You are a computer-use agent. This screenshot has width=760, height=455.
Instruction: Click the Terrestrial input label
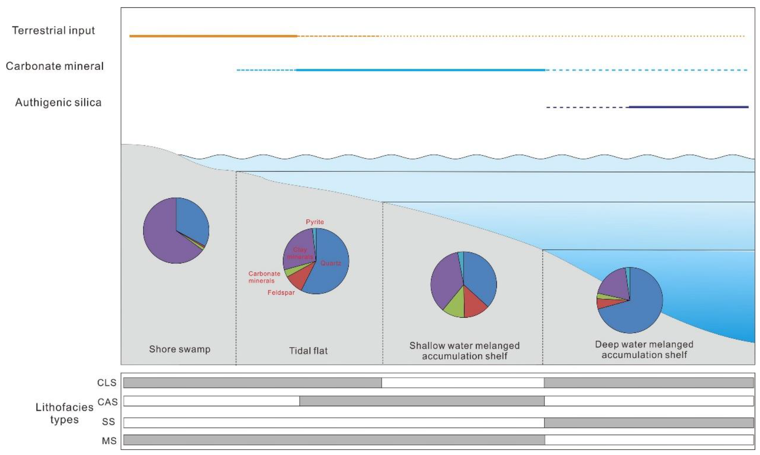(x=53, y=30)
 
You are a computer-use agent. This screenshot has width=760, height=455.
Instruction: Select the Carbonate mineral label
(x=55, y=66)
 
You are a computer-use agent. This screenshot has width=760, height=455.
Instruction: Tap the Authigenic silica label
(x=58, y=102)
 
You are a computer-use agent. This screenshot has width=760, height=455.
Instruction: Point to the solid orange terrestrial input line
(x=213, y=36)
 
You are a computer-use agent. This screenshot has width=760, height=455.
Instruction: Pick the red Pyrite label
(x=315, y=222)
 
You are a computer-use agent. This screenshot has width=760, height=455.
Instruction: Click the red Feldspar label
(x=281, y=292)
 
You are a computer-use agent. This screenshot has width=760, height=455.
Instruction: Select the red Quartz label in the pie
(x=331, y=263)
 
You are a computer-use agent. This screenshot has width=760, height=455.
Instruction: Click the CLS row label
(x=107, y=383)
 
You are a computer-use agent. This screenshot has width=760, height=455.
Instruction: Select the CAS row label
(x=107, y=402)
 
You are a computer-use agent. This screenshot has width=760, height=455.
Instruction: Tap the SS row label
(x=108, y=422)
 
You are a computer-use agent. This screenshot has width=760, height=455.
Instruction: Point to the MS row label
(x=109, y=441)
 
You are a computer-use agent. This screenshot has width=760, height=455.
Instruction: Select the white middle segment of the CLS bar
(x=463, y=383)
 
